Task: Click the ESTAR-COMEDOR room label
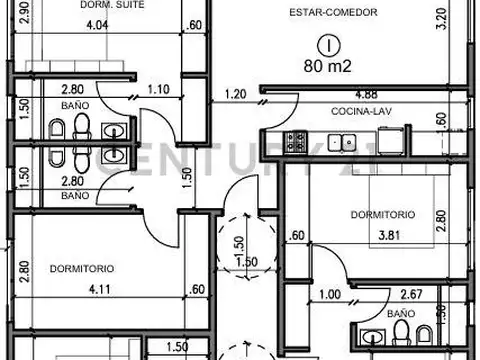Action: point(333,13)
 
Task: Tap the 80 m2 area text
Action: point(327,66)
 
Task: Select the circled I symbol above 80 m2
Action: point(329,46)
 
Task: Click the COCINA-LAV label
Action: point(361,111)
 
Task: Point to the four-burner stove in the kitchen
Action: point(295,142)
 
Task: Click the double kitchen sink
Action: point(342,143)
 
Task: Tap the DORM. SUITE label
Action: point(112,5)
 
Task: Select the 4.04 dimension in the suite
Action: point(97,25)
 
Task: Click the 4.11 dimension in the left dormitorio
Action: point(100,289)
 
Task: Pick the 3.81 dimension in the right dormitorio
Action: point(389,236)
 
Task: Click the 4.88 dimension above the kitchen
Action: point(366,95)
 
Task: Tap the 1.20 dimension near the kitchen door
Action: point(235,94)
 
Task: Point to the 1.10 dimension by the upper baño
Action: point(158,89)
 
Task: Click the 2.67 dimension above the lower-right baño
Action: point(411,294)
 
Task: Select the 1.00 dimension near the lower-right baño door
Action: point(330,295)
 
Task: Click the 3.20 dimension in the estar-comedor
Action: point(441,19)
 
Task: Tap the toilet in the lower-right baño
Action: point(401,332)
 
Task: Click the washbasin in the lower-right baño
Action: point(373,337)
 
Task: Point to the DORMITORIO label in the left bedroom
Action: point(82,269)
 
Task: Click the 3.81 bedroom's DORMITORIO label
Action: point(383,214)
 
